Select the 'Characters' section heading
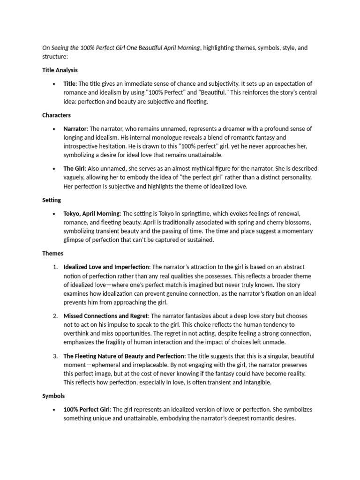coord(56,115)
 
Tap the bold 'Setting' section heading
coord(52,200)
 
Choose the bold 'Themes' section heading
coord(52,254)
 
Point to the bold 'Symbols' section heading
coord(53,396)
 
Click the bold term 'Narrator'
coord(75,128)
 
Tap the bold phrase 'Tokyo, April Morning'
coord(92,213)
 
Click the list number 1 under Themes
coord(55,267)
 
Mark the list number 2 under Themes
coord(55,316)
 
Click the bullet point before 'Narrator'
coord(56,128)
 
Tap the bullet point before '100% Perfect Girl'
coord(56,410)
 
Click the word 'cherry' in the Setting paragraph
coord(257,222)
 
